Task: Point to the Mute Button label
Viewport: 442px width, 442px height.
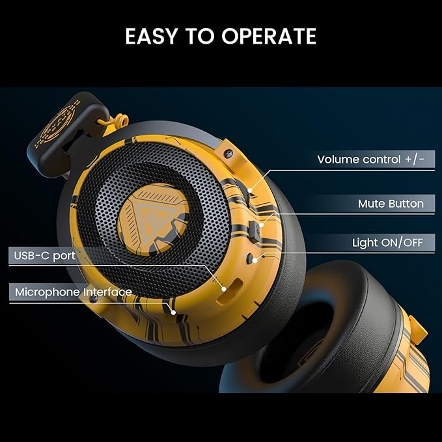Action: click(x=391, y=204)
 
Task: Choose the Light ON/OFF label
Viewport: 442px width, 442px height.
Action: click(x=387, y=243)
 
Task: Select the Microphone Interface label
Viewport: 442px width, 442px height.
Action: click(x=73, y=292)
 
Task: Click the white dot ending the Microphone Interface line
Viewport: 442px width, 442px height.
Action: click(x=174, y=312)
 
